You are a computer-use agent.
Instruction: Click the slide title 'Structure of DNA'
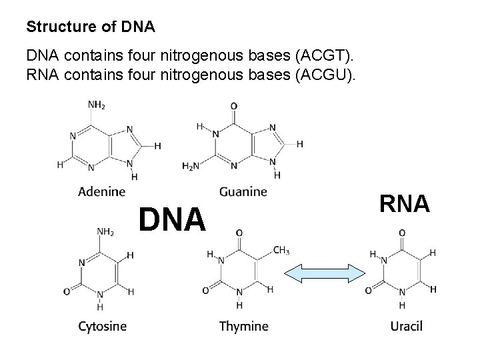(90, 27)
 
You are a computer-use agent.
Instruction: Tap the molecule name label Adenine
(102, 192)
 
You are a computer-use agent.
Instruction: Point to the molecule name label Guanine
(243, 192)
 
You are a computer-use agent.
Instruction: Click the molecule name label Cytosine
(102, 326)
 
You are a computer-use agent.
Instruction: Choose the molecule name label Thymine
(243, 326)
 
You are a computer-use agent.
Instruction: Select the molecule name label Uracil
(406, 326)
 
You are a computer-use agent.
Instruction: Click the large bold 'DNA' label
(172, 219)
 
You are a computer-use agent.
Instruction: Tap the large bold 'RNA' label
(405, 204)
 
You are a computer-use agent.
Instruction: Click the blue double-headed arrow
(325, 273)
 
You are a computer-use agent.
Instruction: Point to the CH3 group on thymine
(281, 251)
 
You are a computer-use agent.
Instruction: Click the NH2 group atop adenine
(97, 105)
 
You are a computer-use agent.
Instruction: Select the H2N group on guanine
(191, 166)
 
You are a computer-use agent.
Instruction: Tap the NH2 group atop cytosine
(105, 232)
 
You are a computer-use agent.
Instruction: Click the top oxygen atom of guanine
(233, 105)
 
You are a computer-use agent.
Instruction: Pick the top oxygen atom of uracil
(401, 233)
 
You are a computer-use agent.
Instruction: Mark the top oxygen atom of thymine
(239, 233)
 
